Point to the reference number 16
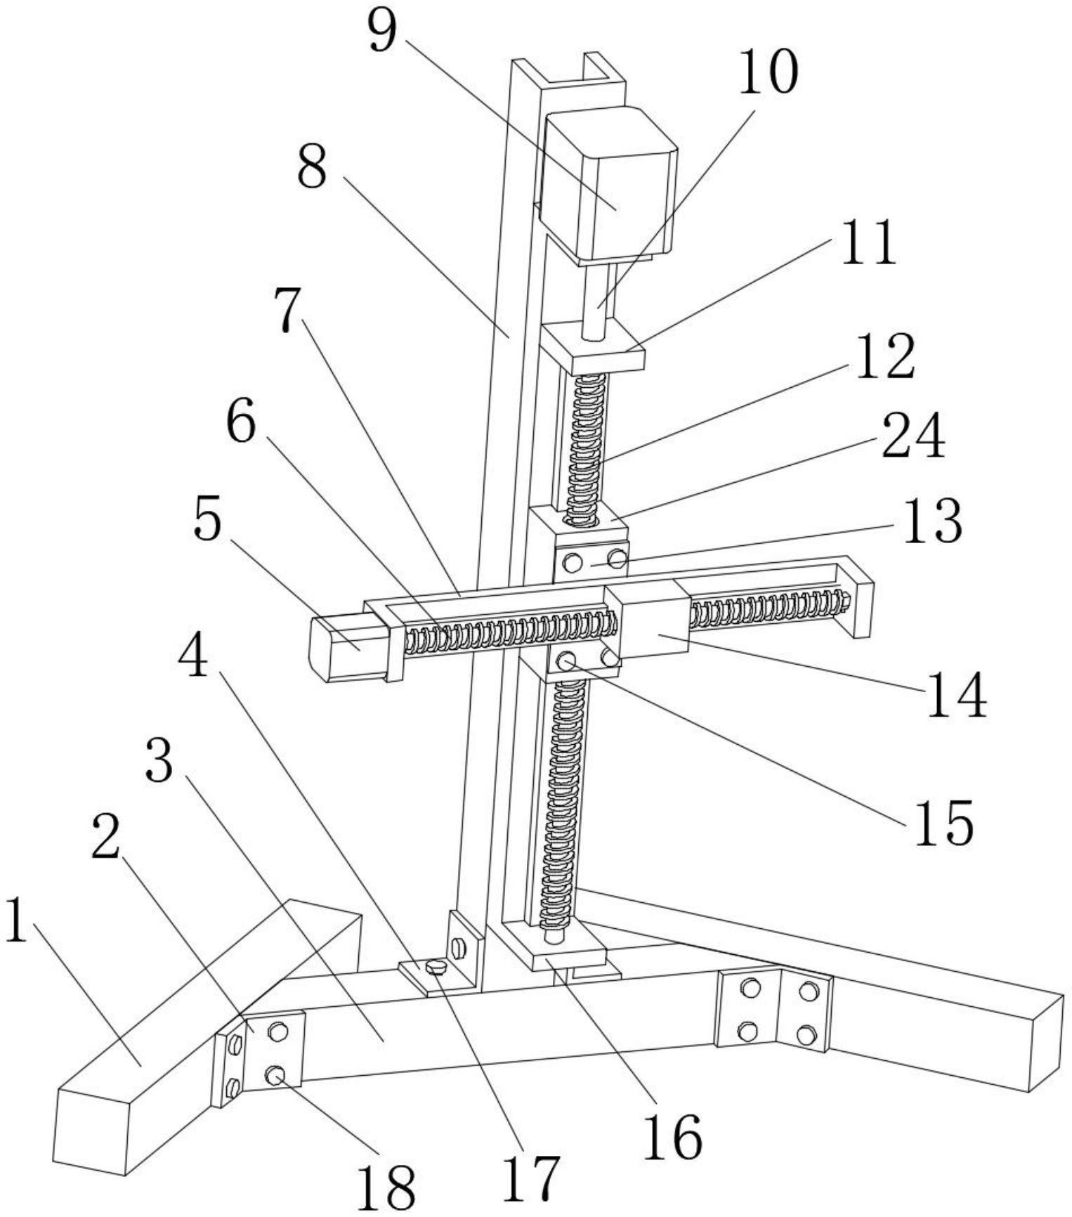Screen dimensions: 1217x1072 (x=672, y=1136)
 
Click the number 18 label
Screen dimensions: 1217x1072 (x=385, y=1187)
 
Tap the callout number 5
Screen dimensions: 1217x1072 (x=207, y=521)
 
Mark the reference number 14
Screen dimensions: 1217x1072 (x=956, y=694)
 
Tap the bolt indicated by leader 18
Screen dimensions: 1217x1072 (x=275, y=1074)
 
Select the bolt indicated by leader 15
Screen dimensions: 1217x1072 (x=566, y=660)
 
